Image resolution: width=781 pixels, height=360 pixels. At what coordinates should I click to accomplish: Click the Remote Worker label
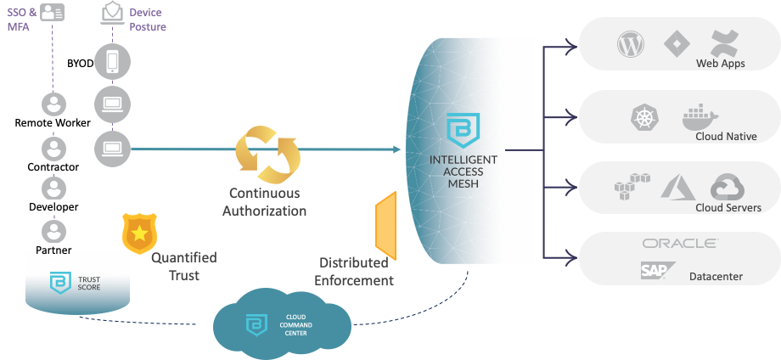click(x=53, y=124)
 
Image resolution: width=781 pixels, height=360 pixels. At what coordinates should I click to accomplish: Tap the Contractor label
click(x=53, y=166)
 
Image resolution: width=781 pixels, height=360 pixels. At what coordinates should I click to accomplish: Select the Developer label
click(x=53, y=207)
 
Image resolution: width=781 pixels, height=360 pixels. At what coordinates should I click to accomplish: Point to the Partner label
click(x=53, y=250)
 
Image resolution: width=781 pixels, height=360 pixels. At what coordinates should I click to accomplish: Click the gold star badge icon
click(x=138, y=233)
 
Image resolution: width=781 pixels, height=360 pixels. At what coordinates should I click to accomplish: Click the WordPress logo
click(x=632, y=44)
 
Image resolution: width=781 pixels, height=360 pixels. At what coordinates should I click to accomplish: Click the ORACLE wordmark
click(x=679, y=244)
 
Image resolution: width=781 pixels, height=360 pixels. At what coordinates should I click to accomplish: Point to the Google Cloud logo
click(x=727, y=188)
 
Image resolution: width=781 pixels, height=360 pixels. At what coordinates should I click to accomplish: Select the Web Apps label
click(x=720, y=63)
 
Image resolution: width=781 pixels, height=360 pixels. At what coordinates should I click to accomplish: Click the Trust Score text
click(x=89, y=283)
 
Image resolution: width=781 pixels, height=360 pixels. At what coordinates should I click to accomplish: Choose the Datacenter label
click(x=716, y=276)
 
